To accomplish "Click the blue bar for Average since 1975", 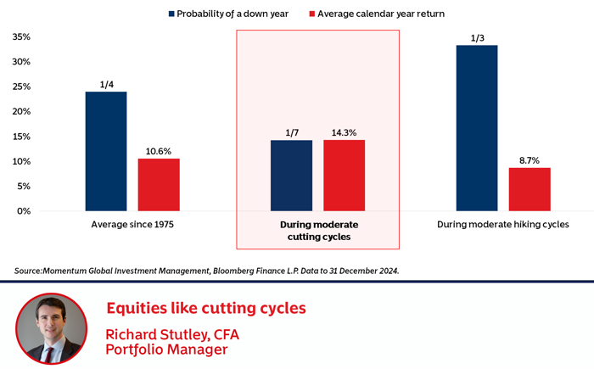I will click(106, 151).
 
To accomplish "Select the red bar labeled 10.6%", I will click(159, 184).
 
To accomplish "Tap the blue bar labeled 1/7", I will click(291, 176).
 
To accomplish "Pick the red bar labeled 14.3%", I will click(344, 176).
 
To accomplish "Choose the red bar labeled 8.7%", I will click(530, 189).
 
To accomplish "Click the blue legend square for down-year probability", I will click(172, 14).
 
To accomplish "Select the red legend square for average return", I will click(311, 14).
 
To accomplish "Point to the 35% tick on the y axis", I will click(20, 37).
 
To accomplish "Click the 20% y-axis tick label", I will click(20, 112).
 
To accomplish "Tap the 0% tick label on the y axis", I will click(23, 211).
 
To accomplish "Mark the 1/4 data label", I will click(106, 84).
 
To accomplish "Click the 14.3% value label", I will click(344, 132).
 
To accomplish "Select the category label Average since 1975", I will click(132, 226).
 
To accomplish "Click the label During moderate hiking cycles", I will click(502, 226).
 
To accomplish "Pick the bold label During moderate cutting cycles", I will click(318, 231).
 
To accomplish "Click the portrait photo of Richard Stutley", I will click(51, 329).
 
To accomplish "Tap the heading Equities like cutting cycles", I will click(205, 307).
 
